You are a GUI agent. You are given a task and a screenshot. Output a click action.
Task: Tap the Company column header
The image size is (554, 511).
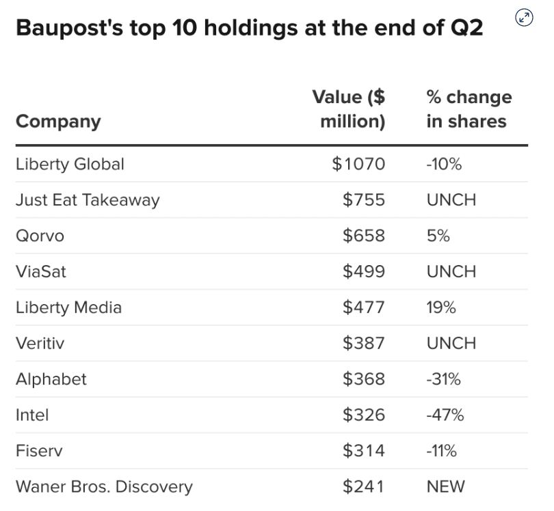pyautogui.click(x=58, y=121)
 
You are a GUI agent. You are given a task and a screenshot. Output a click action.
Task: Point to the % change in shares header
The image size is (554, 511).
pyautogui.click(x=469, y=109)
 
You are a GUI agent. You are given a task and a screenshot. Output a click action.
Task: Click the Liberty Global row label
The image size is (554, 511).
pyautogui.click(x=70, y=164)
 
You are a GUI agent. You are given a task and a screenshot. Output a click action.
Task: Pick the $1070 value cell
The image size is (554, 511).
pyautogui.click(x=358, y=164)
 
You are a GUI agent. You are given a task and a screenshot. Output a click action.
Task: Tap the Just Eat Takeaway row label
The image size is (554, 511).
pyautogui.click(x=88, y=200)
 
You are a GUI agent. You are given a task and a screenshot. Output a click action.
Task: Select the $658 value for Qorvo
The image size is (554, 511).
pyautogui.click(x=363, y=236)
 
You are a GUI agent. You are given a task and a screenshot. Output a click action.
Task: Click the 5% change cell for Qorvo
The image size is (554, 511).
pyautogui.click(x=438, y=236)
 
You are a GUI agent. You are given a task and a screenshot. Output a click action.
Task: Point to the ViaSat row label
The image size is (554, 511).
pyautogui.click(x=41, y=271)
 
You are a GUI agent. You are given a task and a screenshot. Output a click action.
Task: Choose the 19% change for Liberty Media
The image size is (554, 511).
pyautogui.click(x=441, y=307)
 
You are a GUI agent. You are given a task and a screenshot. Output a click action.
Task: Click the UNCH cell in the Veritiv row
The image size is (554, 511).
pyautogui.click(x=451, y=343)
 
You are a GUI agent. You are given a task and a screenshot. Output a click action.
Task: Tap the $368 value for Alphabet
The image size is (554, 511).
pyautogui.click(x=363, y=378)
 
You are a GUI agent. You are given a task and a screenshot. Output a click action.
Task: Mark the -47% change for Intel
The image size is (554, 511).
pyautogui.click(x=445, y=415)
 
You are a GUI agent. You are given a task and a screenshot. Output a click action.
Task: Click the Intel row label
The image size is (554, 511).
pyautogui.click(x=32, y=415)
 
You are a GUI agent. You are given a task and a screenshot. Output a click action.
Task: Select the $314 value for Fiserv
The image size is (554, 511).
pyautogui.click(x=363, y=450)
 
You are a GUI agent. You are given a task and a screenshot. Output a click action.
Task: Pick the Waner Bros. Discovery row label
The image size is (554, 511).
pyautogui.click(x=104, y=486)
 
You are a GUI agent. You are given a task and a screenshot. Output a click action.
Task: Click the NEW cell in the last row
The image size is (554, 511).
pyautogui.click(x=445, y=486)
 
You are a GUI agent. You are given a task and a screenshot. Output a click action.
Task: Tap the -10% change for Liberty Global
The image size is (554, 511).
pyautogui.click(x=444, y=164)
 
